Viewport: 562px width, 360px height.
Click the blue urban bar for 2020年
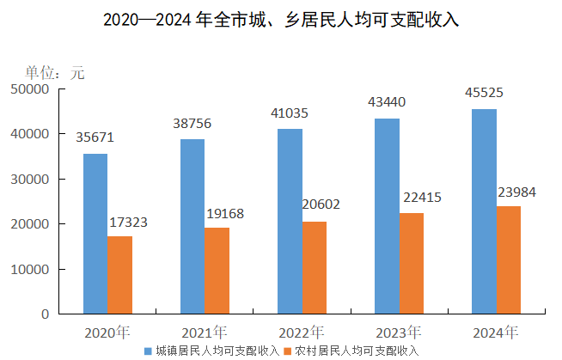coord(95,234)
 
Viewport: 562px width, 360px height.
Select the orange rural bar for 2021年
coord(217,271)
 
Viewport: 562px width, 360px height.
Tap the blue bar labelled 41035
coord(290,222)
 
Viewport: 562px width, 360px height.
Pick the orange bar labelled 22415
coord(411,263)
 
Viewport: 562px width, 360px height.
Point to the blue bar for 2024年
coord(484,211)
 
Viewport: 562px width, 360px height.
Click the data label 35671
coord(95,137)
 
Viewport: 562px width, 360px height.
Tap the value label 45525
coord(484,93)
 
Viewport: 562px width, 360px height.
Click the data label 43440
coord(387,102)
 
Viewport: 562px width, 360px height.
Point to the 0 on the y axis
coord(44,314)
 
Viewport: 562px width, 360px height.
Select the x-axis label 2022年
coord(302,333)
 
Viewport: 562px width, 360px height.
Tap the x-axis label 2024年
coord(496,333)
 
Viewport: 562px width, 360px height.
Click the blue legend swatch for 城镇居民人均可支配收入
coord(149,351)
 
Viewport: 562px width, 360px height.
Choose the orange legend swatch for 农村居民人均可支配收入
coord(289,351)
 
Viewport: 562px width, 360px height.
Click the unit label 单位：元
coord(55,73)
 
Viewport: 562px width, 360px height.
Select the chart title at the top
coord(281,20)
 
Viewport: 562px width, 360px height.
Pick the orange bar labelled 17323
coord(119,275)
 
